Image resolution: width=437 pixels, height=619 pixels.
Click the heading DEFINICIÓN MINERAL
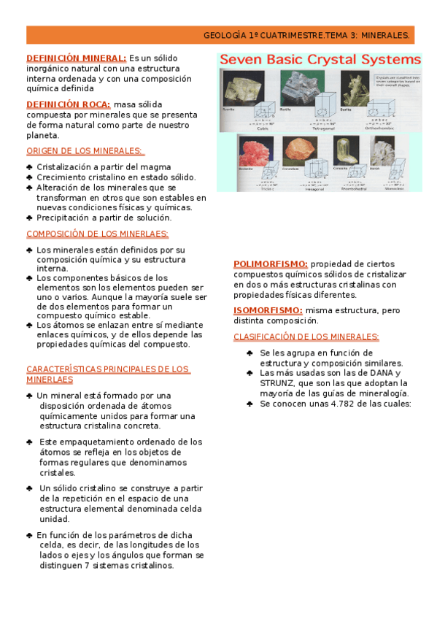click(x=76, y=58)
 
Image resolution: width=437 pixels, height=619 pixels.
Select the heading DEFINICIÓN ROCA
click(x=68, y=104)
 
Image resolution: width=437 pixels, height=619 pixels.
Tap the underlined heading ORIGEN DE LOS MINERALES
click(x=85, y=151)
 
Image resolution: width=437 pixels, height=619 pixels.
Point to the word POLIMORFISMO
click(x=269, y=264)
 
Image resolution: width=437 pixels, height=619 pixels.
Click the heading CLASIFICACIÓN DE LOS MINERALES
click(x=306, y=337)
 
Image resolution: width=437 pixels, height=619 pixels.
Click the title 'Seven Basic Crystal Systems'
click(x=320, y=59)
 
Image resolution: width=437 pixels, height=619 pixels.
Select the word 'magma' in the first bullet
click(x=157, y=167)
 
